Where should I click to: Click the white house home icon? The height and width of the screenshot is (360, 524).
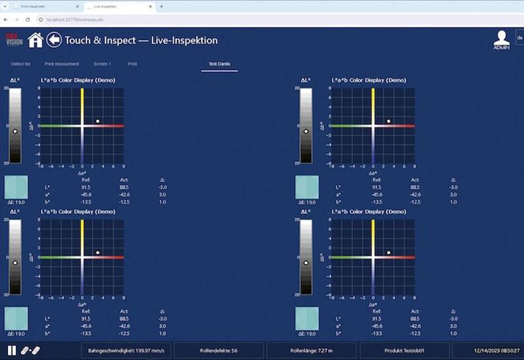point(35,40)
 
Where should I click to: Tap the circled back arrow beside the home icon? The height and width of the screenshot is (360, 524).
point(54,40)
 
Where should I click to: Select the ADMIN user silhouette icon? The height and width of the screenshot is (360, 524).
point(502,39)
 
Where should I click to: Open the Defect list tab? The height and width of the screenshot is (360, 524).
point(21,64)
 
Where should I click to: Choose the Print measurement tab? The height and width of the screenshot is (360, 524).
point(63,64)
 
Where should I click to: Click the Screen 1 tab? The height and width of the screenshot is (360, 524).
point(102,64)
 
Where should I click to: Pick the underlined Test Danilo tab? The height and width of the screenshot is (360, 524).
point(219,64)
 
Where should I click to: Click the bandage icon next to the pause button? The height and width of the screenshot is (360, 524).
point(30,351)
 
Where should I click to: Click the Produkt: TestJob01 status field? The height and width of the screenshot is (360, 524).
point(404,351)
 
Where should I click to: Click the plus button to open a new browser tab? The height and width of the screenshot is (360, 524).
point(162,6)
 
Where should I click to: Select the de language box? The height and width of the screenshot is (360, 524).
point(519,38)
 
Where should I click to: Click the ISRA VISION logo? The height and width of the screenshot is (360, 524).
point(14,39)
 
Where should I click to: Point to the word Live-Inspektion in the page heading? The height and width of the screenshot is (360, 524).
point(186,41)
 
